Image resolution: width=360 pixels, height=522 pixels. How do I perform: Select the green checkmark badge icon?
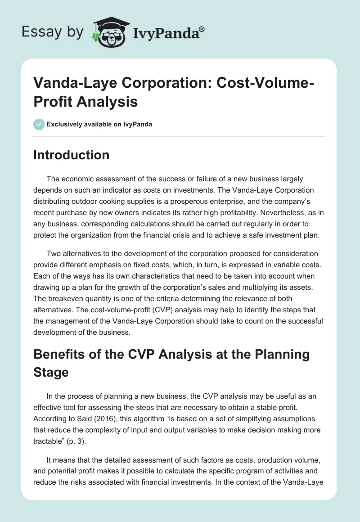[x=39, y=124]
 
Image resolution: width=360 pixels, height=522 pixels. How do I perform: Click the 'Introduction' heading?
[x=71, y=155]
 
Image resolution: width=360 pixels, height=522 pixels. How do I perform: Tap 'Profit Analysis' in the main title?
[x=85, y=102]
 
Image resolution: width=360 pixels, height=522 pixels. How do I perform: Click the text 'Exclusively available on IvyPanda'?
[x=100, y=124]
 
